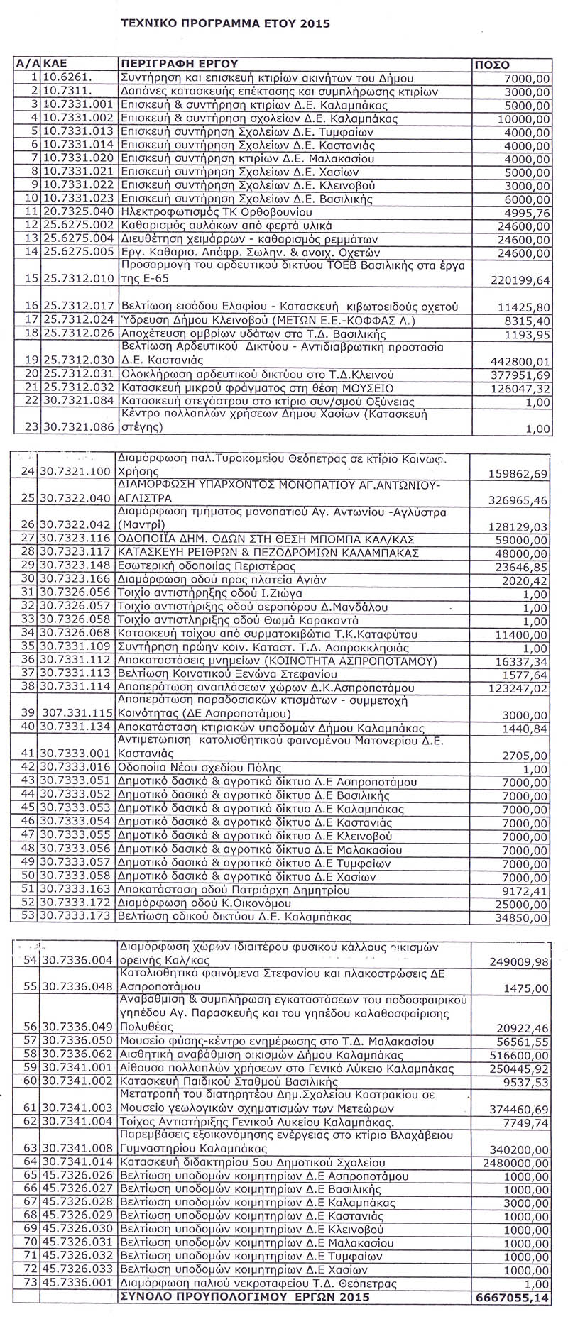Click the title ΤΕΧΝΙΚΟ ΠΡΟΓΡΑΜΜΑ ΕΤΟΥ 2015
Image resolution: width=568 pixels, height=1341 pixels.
(x=225, y=23)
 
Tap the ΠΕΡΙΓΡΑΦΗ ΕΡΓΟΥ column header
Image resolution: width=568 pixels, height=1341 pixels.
(x=177, y=64)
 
